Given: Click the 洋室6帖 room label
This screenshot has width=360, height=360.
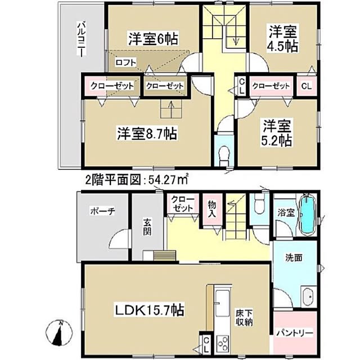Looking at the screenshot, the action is coord(153,39).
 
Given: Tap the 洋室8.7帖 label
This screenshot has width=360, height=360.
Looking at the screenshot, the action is coord(147,133).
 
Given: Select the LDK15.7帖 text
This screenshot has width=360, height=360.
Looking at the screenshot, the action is coord(149,310).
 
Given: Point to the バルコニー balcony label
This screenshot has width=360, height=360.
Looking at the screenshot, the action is coord(82,39).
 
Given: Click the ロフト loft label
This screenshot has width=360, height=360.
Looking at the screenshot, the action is coord(125,62).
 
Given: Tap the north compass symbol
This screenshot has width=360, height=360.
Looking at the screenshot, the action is coord(59,332).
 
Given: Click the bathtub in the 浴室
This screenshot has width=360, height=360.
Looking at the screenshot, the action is coord(307,214).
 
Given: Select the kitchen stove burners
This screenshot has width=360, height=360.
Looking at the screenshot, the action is coord(223,343).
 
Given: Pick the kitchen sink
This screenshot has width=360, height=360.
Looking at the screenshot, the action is coord(223,303).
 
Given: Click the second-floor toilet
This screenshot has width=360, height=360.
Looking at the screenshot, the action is coord(224,156).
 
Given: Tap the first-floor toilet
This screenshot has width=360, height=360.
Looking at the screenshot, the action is coord(259,203).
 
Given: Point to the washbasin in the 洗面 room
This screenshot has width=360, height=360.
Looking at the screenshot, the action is coord(309,296).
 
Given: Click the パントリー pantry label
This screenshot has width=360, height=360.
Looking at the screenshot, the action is coord(295,332).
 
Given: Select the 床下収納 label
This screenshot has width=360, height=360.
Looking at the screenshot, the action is coord(244,318).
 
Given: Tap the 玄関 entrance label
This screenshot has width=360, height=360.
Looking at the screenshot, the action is coord(147,227).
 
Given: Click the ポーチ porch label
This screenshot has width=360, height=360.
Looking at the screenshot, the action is coord(102,211).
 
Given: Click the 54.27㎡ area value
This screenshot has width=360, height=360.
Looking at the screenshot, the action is coord(168,180).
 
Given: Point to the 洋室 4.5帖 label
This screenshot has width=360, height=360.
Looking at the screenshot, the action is coord(283,39).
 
